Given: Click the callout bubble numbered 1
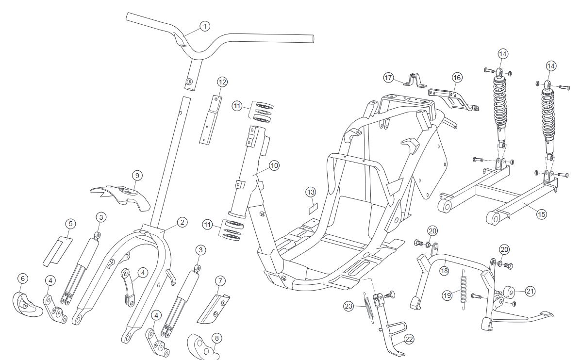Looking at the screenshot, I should [x=205, y=26].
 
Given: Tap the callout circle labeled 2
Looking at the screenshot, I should [x=182, y=222].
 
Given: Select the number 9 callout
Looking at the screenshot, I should [x=136, y=175].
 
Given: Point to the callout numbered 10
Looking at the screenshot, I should [x=274, y=165].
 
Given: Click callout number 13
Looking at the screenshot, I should [x=311, y=192].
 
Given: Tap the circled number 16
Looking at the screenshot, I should [x=457, y=77].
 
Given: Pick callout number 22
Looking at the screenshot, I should [x=409, y=340].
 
